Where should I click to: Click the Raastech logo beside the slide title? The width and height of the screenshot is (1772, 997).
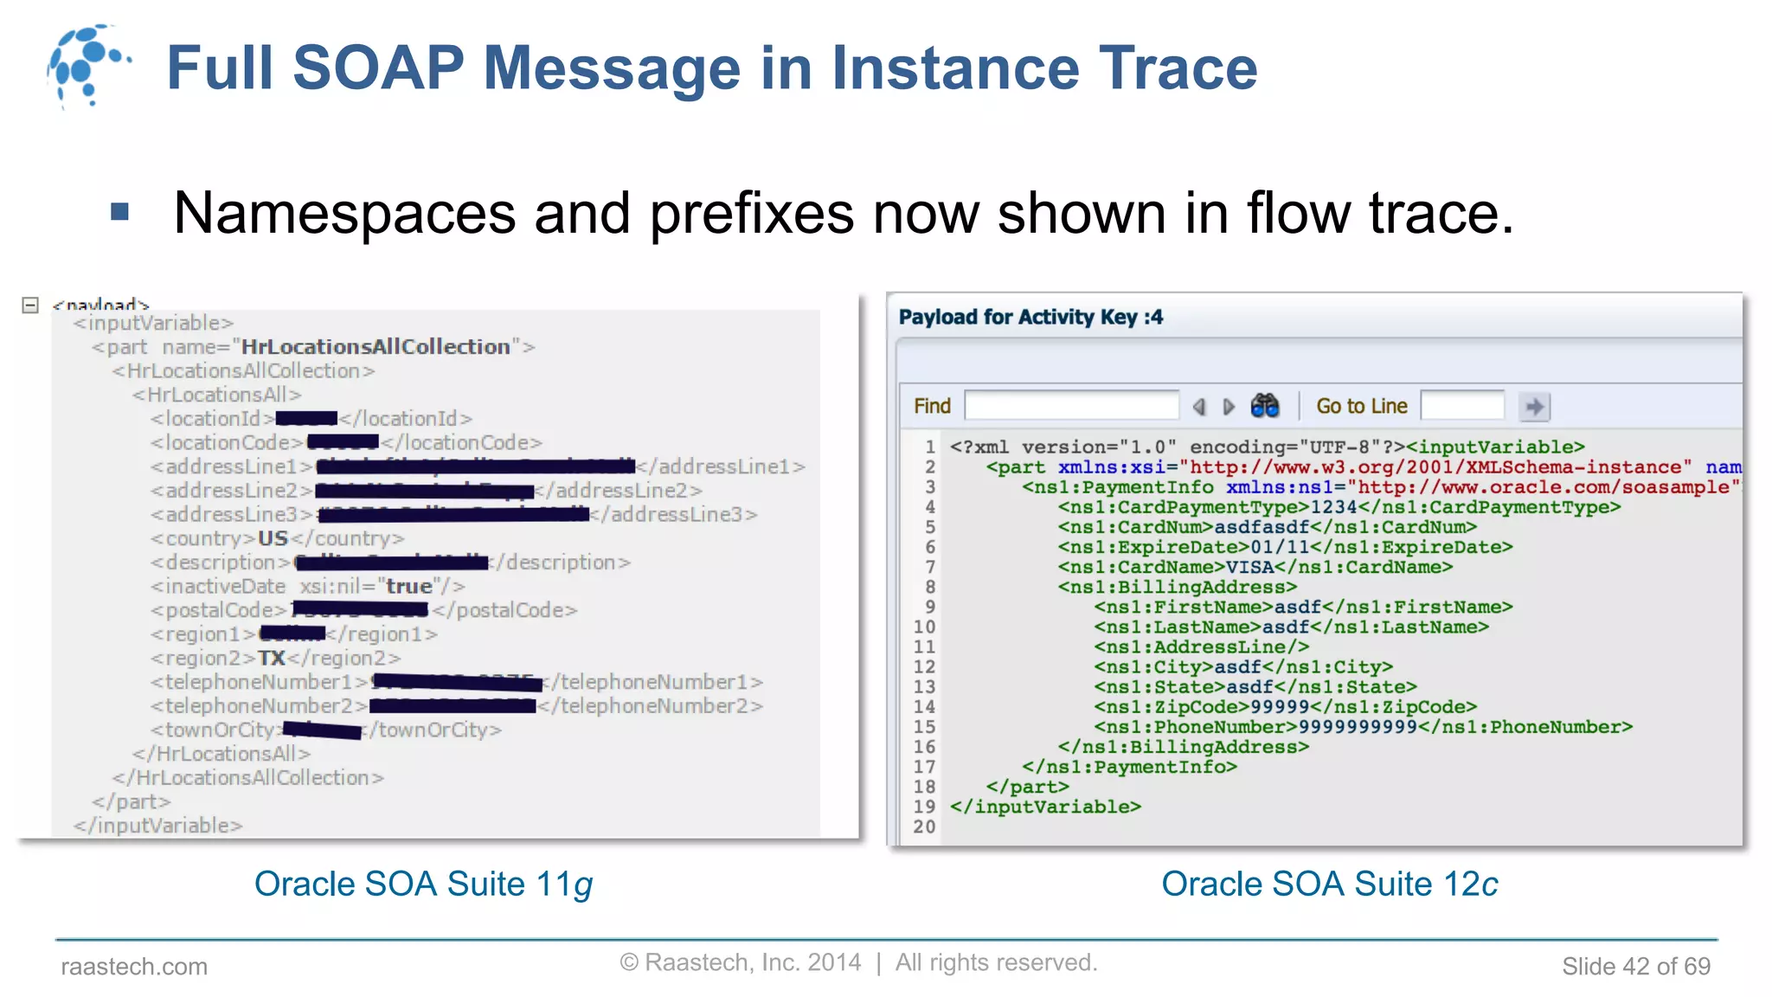pyautogui.click(x=87, y=66)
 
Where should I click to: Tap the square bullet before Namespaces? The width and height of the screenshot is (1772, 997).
pyautogui.click(x=120, y=212)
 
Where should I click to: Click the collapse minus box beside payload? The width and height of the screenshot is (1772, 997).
pyautogui.click(x=30, y=305)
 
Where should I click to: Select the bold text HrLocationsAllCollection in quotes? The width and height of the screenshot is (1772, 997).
pyautogui.click(x=376, y=347)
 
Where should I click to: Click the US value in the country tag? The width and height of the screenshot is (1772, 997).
pyautogui.click(x=273, y=538)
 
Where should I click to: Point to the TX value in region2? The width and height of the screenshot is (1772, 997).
pyautogui.click(x=271, y=658)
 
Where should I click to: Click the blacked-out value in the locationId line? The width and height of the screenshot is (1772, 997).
pyautogui.click(x=306, y=419)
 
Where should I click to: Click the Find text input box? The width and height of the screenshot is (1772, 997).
pyautogui.click(x=1071, y=406)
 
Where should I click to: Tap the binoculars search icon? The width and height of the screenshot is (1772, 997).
pyautogui.click(x=1264, y=406)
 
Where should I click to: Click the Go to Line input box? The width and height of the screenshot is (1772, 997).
pyautogui.click(x=1462, y=406)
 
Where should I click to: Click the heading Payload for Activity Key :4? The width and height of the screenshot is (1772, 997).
pyautogui.click(x=1030, y=318)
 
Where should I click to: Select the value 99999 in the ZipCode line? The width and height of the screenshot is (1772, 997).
pyautogui.click(x=1280, y=707)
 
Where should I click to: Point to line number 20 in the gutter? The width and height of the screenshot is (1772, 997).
pyautogui.click(x=924, y=827)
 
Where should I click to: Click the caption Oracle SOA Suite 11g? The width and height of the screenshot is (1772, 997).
pyautogui.click(x=423, y=884)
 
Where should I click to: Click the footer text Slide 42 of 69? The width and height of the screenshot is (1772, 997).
pyautogui.click(x=1635, y=966)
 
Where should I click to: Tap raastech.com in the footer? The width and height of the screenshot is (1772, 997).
pyautogui.click(x=134, y=966)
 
